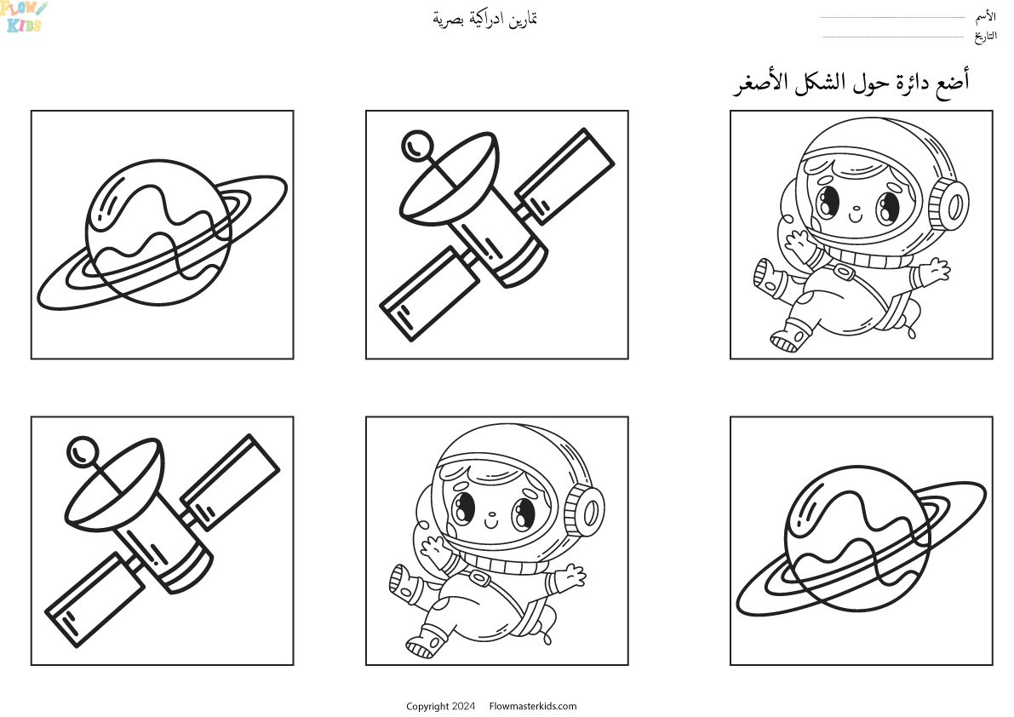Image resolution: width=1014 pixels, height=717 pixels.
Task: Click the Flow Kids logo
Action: (24, 16)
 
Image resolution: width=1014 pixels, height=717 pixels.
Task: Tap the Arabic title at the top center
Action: (485, 19)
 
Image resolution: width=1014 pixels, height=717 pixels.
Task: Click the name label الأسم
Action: (986, 17)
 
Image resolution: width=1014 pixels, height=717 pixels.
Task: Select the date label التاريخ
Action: (986, 37)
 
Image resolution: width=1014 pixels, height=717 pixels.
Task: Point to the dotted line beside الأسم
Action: (892, 18)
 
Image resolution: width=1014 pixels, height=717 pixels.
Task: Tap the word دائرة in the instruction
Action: (902, 83)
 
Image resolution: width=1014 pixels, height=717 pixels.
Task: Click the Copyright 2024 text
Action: (440, 706)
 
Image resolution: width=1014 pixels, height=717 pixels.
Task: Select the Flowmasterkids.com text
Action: (533, 706)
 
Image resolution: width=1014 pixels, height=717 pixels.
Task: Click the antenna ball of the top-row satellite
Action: (417, 146)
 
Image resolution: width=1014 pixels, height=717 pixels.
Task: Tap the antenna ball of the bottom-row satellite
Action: (83, 451)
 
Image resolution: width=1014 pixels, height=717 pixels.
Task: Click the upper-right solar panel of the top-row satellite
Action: (565, 175)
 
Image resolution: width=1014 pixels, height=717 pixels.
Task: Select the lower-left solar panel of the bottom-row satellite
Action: (95, 599)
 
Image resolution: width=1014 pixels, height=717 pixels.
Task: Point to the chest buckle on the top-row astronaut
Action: (843, 272)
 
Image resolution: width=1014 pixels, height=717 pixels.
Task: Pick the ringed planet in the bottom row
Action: (862, 540)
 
